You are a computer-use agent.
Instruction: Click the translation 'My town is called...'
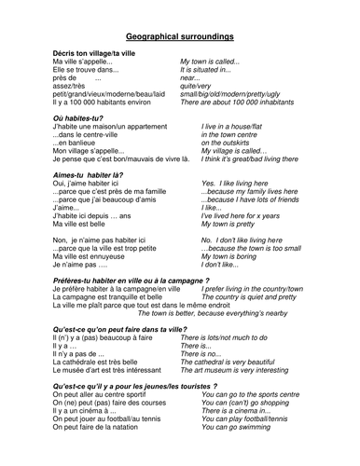point(215,62)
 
